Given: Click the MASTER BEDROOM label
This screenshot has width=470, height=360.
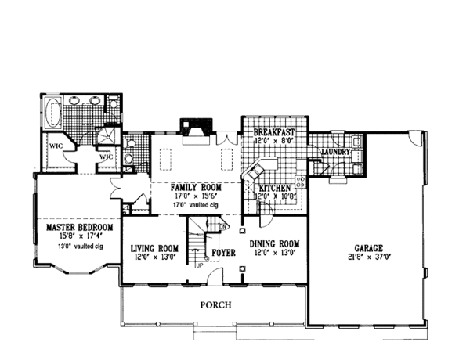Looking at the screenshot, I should [x=79, y=227].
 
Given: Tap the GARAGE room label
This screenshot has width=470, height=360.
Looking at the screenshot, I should [x=367, y=245].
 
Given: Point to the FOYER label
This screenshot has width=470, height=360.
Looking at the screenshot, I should [x=223, y=254].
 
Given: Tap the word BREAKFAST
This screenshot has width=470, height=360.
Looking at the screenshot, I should [x=274, y=133].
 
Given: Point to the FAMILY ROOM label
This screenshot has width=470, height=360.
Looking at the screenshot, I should [x=193, y=189].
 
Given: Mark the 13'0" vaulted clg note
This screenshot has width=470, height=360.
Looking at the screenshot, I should [x=78, y=247].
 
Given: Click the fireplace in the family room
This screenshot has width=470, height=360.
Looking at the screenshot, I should [x=193, y=128].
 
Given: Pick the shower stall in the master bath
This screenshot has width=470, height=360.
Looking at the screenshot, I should [x=112, y=135].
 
